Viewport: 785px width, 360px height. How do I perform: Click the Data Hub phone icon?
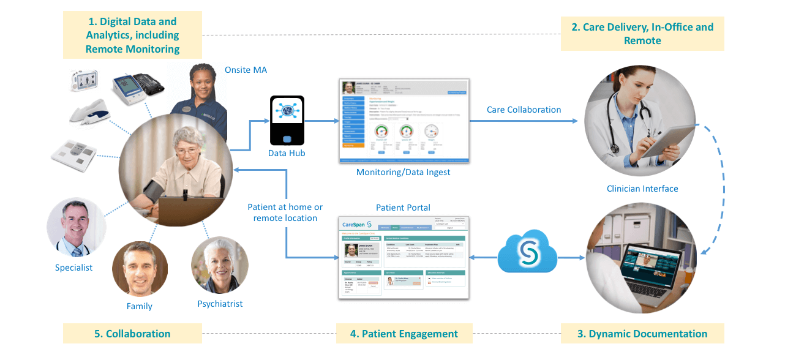pos(287,120)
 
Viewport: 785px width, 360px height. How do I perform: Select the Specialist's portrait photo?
pos(72,227)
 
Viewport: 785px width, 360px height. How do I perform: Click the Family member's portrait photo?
pos(140,269)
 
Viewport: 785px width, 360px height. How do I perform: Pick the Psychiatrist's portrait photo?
pos(219,265)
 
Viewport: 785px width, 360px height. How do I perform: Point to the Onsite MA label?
pos(246,70)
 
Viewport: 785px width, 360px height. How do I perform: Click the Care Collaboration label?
pos(524,110)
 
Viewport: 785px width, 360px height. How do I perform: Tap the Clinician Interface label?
pos(642,189)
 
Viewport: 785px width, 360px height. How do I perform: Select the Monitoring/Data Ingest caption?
pos(403,172)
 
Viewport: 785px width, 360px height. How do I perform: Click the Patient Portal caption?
pos(403,208)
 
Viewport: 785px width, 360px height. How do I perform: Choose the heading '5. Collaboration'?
pos(132,334)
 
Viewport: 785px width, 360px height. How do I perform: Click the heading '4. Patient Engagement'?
pos(404,334)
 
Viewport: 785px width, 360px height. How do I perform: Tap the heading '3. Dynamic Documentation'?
pos(642,334)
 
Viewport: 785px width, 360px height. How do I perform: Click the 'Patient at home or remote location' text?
pos(285,212)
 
